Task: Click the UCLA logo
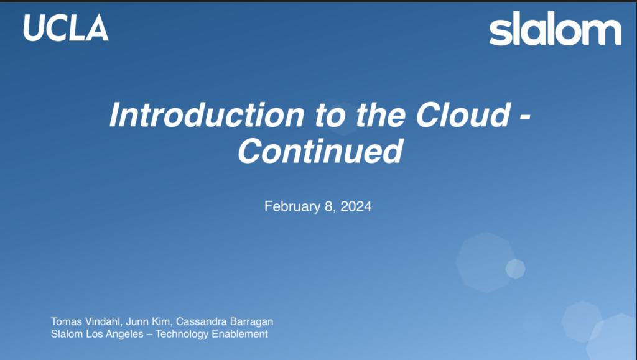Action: pyautogui.click(x=66, y=27)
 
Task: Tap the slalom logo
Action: pyautogui.click(x=555, y=28)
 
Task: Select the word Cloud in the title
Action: pyautogui.click(x=463, y=114)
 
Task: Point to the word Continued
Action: pyautogui.click(x=320, y=150)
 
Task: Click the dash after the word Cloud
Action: pyautogui.click(x=525, y=118)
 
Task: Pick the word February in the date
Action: pyautogui.click(x=292, y=206)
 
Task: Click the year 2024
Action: pyautogui.click(x=356, y=206)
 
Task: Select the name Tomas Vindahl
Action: pyautogui.click(x=86, y=321)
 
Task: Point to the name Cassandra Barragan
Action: pyautogui.click(x=224, y=321)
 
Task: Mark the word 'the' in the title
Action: pyautogui.click(x=380, y=114)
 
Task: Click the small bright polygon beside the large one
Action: pyautogui.click(x=516, y=269)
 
